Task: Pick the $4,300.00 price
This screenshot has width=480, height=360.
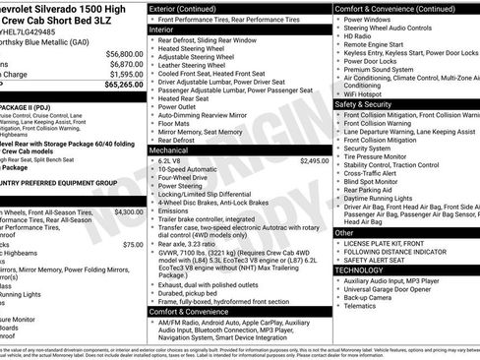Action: click(x=128, y=211)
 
